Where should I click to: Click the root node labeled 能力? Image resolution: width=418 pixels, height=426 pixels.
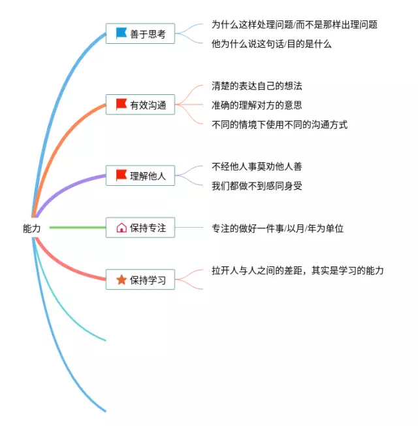31,228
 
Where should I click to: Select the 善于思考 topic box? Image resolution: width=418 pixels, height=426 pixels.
140,33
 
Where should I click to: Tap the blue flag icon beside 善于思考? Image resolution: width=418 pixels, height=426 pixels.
121,33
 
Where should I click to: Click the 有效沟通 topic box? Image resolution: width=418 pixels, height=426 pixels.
140,104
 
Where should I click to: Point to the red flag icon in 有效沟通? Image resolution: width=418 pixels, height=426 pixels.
121,104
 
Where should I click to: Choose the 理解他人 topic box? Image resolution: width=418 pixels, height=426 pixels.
140,175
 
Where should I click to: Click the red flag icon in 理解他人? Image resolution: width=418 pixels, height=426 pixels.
121,175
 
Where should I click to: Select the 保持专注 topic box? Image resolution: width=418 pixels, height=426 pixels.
140,228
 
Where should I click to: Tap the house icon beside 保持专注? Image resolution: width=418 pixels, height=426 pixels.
121,228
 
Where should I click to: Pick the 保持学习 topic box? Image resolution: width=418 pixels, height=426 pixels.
140,280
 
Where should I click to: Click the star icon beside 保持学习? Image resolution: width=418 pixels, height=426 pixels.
121,280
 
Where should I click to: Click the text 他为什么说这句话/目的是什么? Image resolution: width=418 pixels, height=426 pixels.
272,44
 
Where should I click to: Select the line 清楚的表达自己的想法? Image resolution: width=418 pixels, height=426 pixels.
257,86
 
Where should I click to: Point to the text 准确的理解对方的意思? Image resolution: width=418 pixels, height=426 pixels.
257,105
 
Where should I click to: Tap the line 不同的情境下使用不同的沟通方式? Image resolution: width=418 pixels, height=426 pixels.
280,124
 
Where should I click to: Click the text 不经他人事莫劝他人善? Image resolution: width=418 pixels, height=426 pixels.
257,166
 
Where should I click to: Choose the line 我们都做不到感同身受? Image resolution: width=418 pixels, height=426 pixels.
257,186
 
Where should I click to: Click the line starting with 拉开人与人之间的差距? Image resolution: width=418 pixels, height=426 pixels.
298,270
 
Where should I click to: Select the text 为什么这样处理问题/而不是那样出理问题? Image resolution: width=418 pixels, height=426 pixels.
295,25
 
